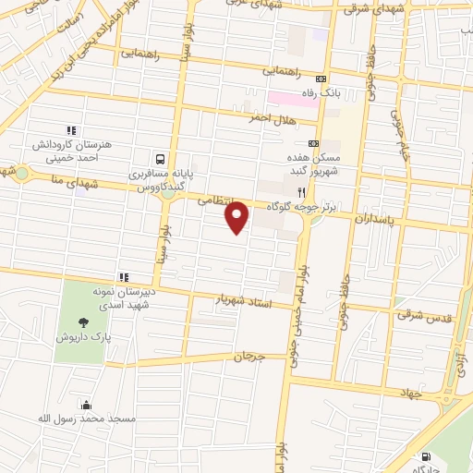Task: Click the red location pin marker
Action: (x=237, y=216)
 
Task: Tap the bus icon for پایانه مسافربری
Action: (x=162, y=158)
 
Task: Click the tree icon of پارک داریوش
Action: (x=84, y=322)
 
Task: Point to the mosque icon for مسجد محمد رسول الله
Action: (x=86, y=405)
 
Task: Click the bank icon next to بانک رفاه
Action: (x=321, y=79)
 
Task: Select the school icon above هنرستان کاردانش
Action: (x=70, y=130)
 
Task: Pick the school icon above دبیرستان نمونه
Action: (x=122, y=276)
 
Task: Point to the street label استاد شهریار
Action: (x=244, y=301)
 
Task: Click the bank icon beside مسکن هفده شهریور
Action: (x=312, y=143)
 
